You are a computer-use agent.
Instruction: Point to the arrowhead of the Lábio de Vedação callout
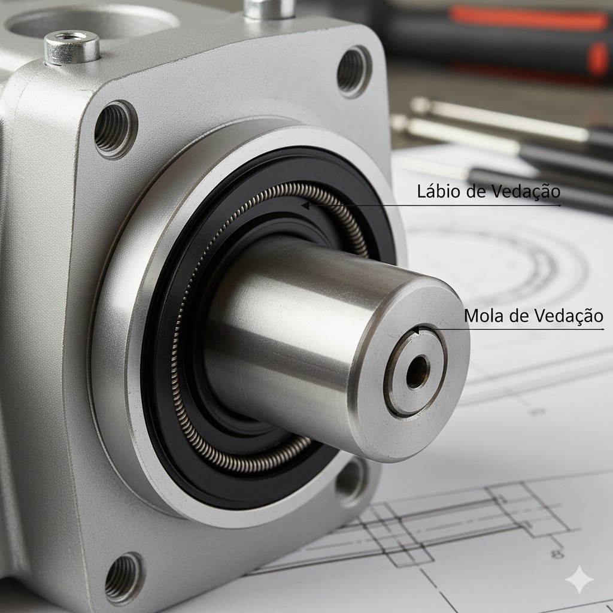(305, 205)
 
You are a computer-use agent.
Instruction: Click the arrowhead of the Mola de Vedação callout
(417, 330)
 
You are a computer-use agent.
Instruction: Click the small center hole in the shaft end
(417, 372)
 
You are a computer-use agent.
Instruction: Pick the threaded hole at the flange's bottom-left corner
(123, 578)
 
